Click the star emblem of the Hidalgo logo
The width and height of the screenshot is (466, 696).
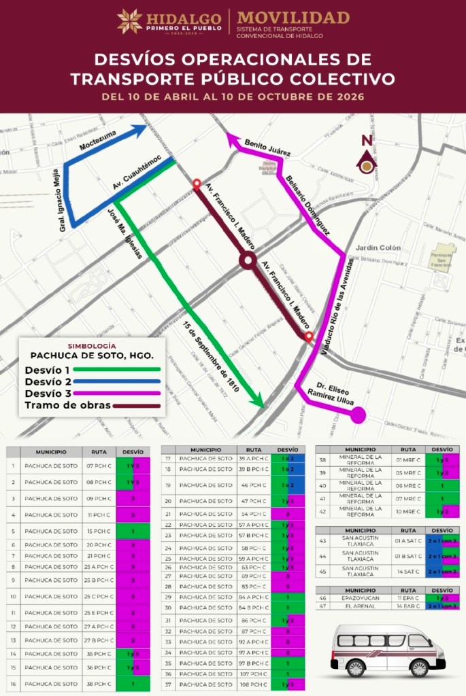(130, 21)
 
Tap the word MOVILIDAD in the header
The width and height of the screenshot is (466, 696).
(293, 17)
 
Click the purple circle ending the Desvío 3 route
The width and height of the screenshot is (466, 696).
(358, 415)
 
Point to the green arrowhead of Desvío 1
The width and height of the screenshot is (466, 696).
(257, 402)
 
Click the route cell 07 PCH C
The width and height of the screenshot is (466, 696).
(99, 466)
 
